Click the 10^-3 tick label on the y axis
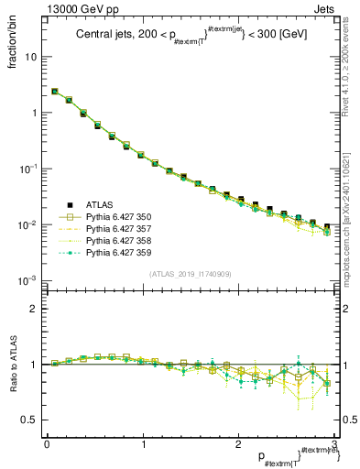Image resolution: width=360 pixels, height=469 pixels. [x=27, y=281]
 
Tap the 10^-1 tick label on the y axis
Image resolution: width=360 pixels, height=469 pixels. [x=27, y=169]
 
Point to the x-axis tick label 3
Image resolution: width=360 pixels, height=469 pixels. [x=333, y=444]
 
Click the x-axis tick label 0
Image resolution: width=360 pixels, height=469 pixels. [x=47, y=444]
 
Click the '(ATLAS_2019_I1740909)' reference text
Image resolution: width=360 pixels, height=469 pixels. [x=190, y=274]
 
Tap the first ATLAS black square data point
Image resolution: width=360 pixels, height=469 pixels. [x=55, y=92]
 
